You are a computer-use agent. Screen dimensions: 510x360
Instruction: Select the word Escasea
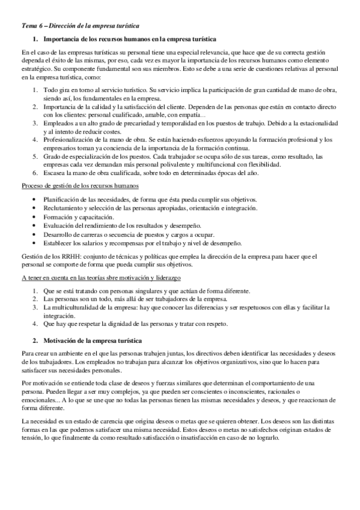tap(56, 173)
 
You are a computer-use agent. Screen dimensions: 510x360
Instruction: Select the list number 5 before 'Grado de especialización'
tap(35, 156)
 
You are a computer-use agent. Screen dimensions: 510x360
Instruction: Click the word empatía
tap(188, 114)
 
